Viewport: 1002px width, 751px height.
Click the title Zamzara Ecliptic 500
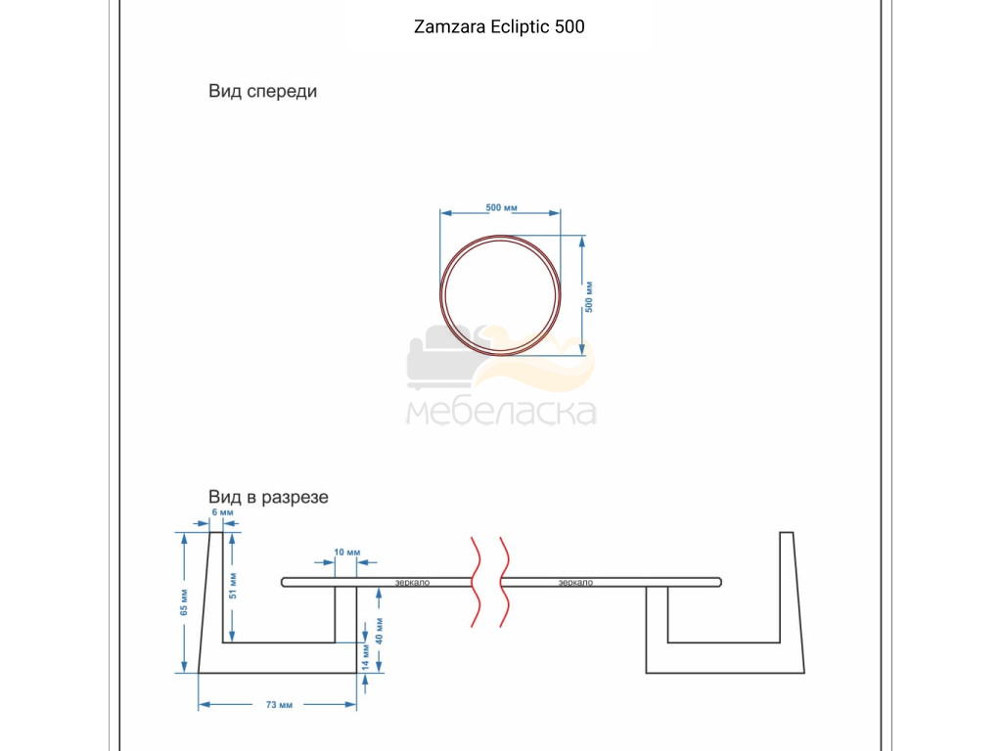tap(499, 26)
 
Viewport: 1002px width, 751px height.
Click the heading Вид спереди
tap(262, 91)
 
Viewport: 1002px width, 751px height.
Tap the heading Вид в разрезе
tap(268, 497)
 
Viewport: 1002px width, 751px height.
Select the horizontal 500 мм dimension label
tap(502, 207)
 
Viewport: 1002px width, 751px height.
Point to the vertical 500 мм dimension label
tap(588, 297)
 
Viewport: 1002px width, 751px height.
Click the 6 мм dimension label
tap(222, 512)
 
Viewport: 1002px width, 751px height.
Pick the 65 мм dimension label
tap(184, 602)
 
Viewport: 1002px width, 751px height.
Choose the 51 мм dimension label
tap(233, 586)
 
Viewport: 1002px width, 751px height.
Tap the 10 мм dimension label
tap(347, 552)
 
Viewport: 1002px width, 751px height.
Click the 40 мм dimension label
tap(379, 631)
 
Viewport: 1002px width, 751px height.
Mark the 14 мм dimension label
tap(366, 656)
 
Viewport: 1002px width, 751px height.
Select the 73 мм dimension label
tap(279, 704)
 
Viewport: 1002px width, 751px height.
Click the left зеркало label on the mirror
tap(412, 583)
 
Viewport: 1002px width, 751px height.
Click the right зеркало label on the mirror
tap(575, 583)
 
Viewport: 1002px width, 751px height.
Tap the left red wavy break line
tap(477, 582)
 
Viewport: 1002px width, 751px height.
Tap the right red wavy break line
tap(504, 582)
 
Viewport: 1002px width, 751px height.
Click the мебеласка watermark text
tap(502, 412)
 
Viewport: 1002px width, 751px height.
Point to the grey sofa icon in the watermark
tap(441, 358)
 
